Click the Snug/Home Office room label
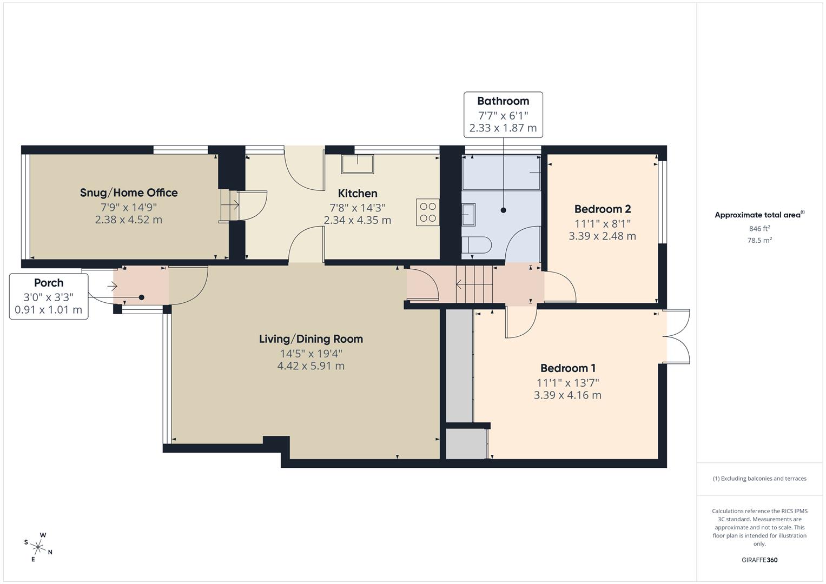click(x=129, y=193)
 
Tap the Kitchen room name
click(x=358, y=193)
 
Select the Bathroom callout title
click(x=503, y=101)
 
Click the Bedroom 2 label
click(x=602, y=209)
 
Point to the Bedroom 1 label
click(x=567, y=368)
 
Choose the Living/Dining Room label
click(x=310, y=339)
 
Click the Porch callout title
click(x=49, y=283)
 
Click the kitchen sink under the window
click(x=357, y=163)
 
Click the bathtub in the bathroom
click(x=501, y=172)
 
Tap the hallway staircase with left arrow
click(x=474, y=284)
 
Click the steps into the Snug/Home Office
click(x=229, y=205)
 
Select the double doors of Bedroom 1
click(x=676, y=336)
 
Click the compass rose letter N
click(x=50, y=552)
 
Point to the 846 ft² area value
click(x=759, y=228)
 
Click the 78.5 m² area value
click(x=759, y=241)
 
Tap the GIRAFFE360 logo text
click(x=759, y=560)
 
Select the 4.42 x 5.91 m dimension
click(x=310, y=366)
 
